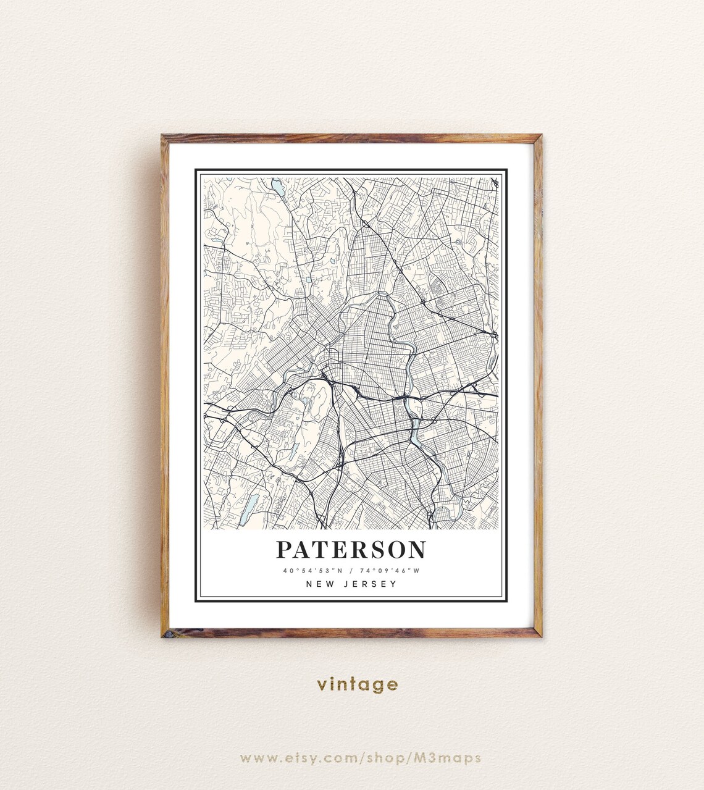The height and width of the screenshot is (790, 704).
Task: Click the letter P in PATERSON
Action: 283,549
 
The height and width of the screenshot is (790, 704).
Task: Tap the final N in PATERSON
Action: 417,549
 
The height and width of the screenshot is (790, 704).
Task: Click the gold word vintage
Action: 358,684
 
